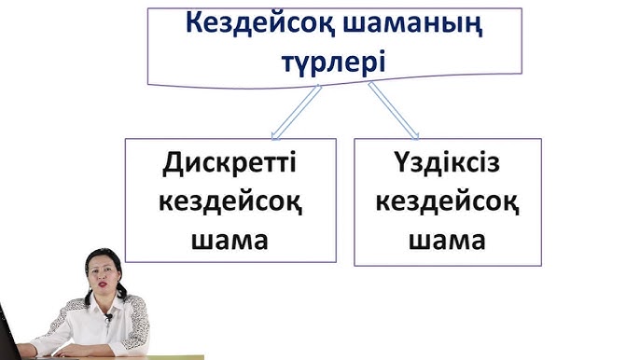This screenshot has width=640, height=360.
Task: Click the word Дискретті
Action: (229, 165)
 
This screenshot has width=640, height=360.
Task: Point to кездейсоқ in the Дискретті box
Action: (229, 202)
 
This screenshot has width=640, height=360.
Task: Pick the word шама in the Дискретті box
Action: (229, 240)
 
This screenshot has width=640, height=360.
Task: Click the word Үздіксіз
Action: (448, 165)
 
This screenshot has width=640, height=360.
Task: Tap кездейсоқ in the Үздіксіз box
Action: (448, 202)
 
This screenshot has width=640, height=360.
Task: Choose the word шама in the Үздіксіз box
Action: (448, 240)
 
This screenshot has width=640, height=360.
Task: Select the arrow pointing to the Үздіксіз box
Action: (396, 112)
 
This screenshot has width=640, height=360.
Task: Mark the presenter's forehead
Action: (99, 262)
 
